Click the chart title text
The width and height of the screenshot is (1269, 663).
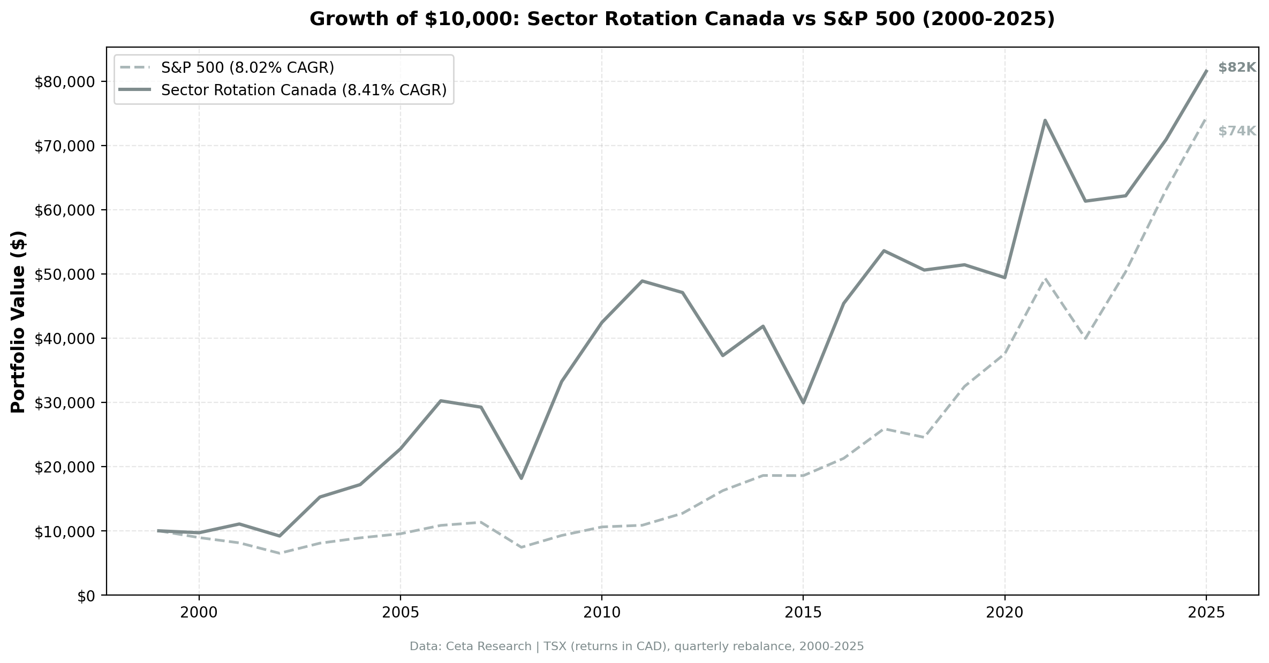point(682,19)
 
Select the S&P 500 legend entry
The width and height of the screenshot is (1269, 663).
point(247,68)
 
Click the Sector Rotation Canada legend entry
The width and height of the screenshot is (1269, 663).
point(303,90)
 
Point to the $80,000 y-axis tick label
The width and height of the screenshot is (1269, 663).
point(64,82)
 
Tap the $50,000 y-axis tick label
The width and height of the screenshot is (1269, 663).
point(64,275)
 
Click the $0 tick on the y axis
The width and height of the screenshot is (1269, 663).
point(86,596)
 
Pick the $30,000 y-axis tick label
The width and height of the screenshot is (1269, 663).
point(64,403)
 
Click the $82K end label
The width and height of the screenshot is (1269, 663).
point(1236,68)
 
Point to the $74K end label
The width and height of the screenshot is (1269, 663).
point(1236,131)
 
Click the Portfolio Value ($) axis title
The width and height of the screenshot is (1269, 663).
point(19,322)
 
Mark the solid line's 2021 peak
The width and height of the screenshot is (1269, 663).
point(1045,120)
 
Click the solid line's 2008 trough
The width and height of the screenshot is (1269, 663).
point(521,478)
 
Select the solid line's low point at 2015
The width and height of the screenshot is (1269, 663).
point(803,402)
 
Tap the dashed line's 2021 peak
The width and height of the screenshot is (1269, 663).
point(1045,278)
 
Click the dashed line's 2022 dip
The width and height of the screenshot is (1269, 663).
point(1085,339)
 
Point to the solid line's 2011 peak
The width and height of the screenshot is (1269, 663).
point(641,281)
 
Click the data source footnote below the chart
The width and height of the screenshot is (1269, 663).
point(636,646)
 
